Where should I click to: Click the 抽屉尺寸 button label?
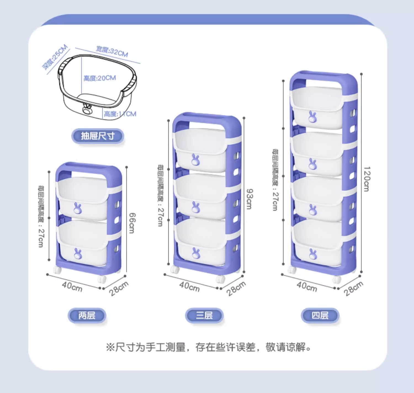[98, 136]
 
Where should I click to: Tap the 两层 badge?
[87, 315]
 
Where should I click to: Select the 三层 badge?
[204, 315]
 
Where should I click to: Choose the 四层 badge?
[320, 315]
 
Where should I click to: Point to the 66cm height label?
[132, 223]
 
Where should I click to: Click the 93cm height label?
[249, 199]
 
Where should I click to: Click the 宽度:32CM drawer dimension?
[112, 52]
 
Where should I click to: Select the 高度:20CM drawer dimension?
[100, 78]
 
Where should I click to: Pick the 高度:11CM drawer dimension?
[120, 114]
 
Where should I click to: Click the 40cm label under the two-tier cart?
[72, 287]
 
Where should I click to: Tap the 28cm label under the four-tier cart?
[354, 288]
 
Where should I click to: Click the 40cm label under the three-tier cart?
[189, 287]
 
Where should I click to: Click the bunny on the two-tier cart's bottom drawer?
[78, 254]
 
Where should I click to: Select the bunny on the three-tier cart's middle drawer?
[196, 207]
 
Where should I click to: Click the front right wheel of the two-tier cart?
[102, 279]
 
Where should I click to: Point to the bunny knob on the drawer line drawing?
[87, 110]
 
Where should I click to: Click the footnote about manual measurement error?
[208, 347]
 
